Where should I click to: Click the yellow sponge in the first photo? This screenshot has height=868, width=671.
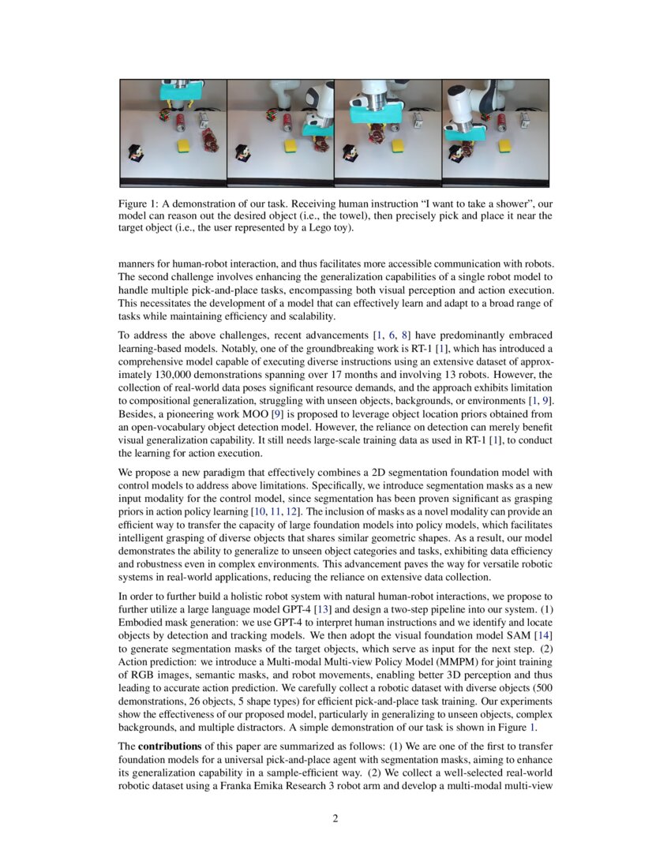(184, 146)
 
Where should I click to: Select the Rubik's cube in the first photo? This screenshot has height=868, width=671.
(165, 114)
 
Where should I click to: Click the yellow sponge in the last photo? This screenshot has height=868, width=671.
(505, 146)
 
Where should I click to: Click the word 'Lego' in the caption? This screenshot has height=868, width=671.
(306, 229)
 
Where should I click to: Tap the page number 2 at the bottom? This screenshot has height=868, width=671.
(335, 818)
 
